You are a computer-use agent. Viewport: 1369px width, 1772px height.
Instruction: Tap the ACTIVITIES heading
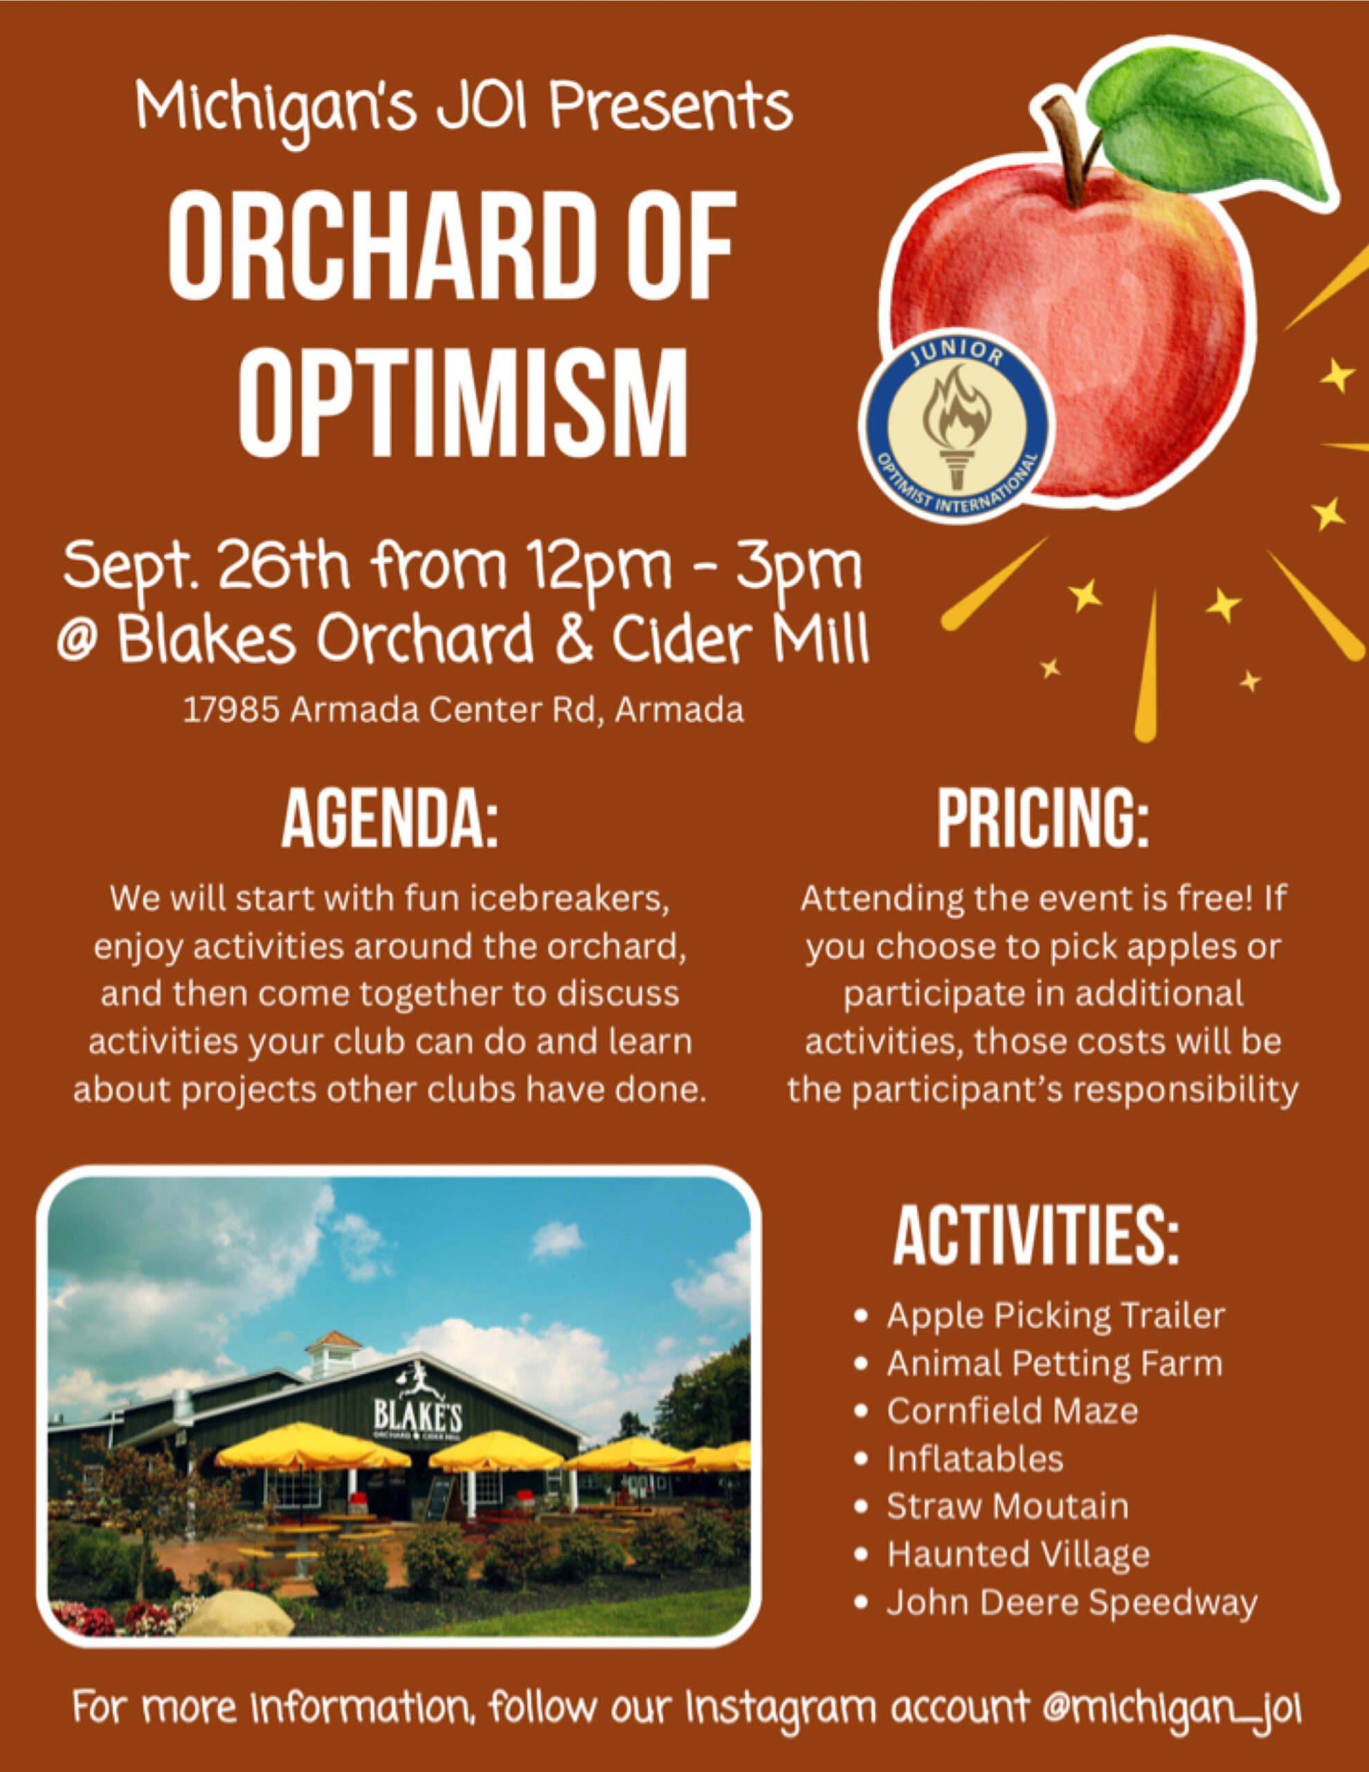(x=1035, y=1236)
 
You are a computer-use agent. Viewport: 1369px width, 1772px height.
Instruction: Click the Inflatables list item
(x=974, y=1460)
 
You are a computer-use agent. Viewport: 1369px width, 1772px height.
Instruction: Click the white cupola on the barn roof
(x=333, y=1356)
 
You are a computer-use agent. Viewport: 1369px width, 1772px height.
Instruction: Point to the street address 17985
(x=232, y=711)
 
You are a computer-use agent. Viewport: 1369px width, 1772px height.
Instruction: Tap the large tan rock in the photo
(x=236, y=1615)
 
